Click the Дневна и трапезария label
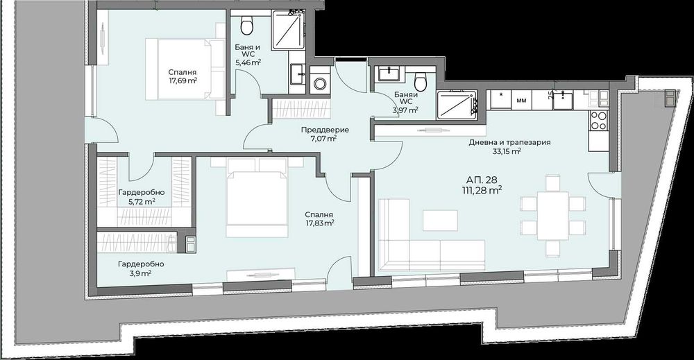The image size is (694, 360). pos(509,142)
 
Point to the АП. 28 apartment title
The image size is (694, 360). pos(482,177)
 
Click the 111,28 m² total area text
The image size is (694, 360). pos(482,189)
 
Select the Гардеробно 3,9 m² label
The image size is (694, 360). pos(140,268)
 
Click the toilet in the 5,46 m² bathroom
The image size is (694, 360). pos(246,26)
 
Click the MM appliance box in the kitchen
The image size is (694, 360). pos(521,100)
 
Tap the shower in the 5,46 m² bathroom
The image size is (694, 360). pos(285,31)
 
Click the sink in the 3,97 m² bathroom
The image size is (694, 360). pos(386,74)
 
